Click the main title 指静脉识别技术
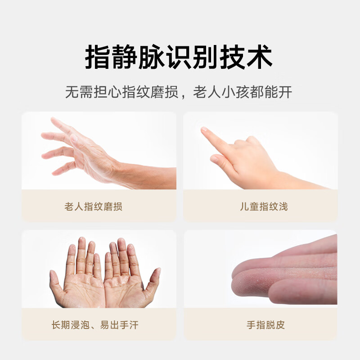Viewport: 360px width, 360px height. [178, 57]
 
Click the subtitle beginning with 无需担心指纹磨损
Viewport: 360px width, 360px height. [178, 92]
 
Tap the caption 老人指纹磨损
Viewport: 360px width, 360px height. [93, 207]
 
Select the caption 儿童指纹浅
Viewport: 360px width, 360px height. [264, 207]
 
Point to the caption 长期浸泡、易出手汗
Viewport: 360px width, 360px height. [95, 325]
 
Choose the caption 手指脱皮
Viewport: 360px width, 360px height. [265, 325]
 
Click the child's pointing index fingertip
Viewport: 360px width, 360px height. [204, 130]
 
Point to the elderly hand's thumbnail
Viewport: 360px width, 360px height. [74, 138]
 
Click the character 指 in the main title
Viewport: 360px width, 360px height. [98, 57]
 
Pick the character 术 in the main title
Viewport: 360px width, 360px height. [260, 57]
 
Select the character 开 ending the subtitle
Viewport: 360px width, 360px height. [285, 92]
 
